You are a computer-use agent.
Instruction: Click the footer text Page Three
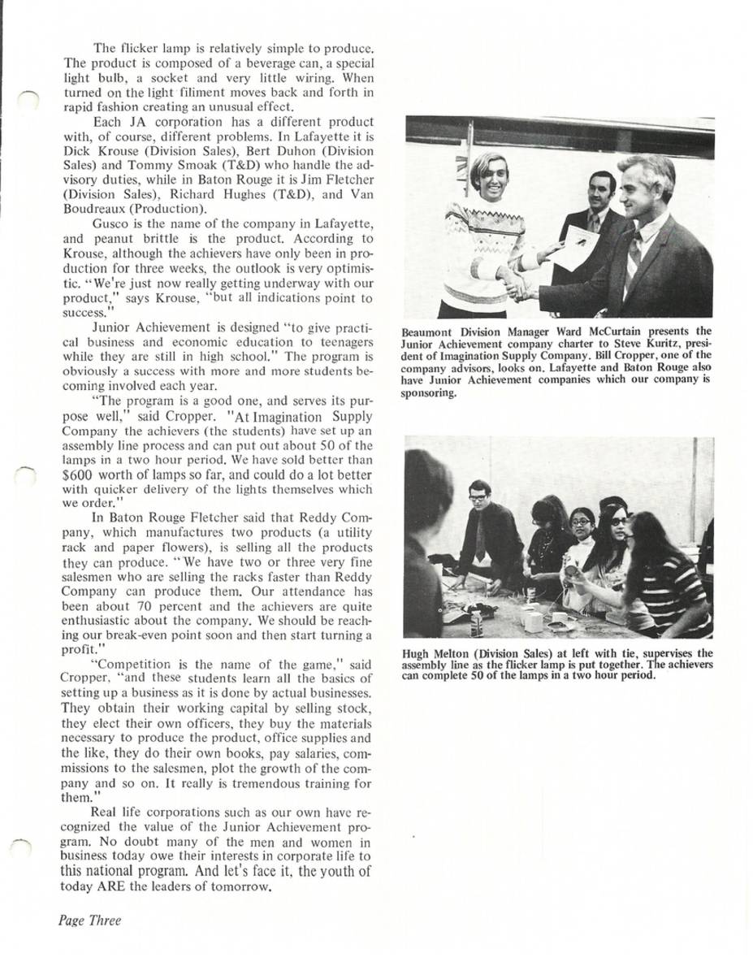89,921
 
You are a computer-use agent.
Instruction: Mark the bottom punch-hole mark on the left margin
25,847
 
